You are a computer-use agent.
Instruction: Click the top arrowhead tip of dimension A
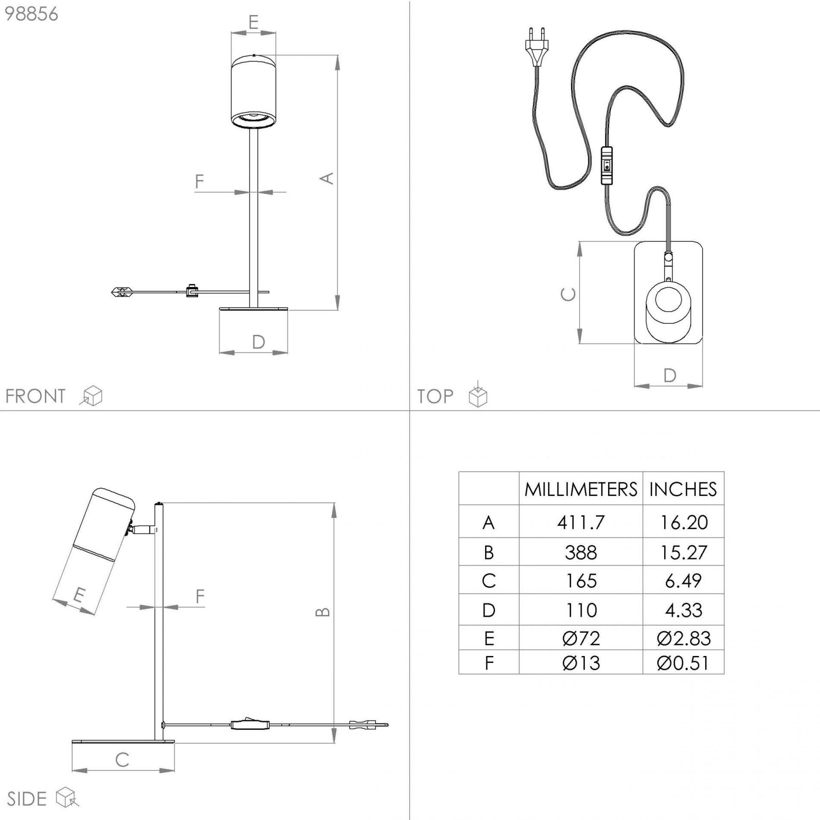(337, 55)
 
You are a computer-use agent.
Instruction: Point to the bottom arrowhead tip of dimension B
(334, 743)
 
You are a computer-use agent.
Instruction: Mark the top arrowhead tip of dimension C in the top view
(580, 242)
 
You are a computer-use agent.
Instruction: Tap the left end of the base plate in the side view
(72, 741)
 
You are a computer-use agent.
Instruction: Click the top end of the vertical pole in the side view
(159, 504)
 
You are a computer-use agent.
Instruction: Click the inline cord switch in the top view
(606, 165)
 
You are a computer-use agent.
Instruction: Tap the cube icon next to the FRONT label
(91, 395)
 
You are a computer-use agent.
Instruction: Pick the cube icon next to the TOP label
(478, 395)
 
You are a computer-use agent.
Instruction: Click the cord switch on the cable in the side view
(251, 724)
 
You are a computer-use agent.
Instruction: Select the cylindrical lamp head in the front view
(253, 91)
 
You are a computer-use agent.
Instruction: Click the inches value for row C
(683, 581)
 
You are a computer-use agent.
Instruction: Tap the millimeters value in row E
(581, 638)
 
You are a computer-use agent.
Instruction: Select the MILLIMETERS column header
(581, 489)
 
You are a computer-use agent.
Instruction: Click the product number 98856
(31, 14)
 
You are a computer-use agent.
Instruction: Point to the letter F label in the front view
(199, 182)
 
